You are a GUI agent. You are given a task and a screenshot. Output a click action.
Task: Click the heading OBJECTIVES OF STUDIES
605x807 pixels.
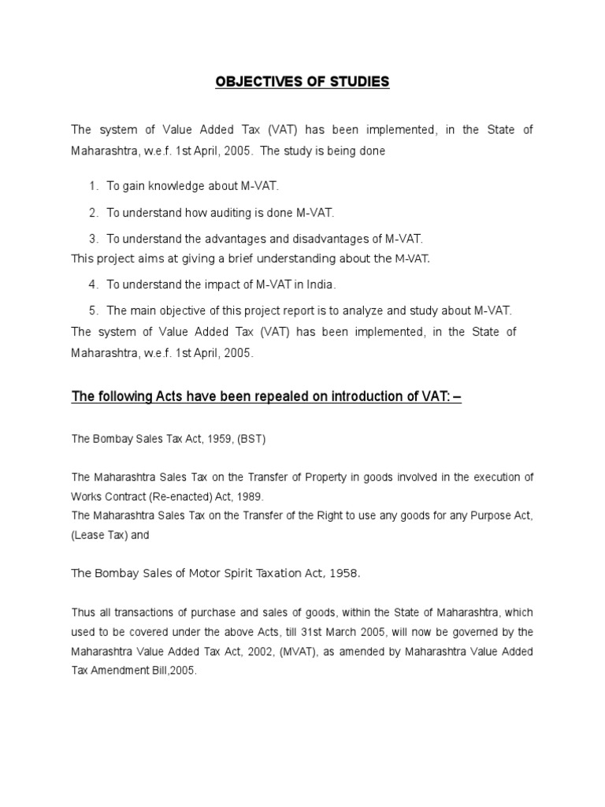click(302, 82)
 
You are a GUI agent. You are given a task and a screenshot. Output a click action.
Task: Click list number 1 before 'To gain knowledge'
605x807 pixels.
click(93, 186)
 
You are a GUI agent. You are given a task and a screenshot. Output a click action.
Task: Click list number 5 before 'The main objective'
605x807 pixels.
click(93, 311)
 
